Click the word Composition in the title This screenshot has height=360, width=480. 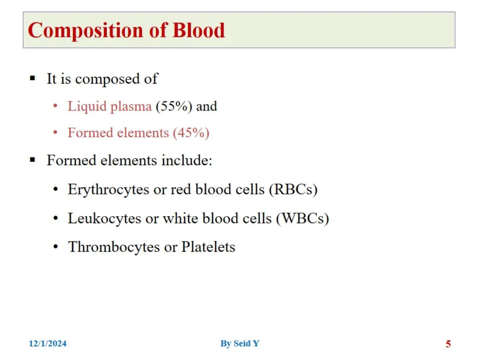(x=85, y=31)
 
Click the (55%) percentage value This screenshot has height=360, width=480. (x=174, y=106)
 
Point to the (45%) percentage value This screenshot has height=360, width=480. (x=191, y=133)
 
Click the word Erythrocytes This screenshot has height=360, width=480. (x=108, y=190)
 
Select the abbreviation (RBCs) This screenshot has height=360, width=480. (x=293, y=189)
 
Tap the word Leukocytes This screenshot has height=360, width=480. (x=105, y=219)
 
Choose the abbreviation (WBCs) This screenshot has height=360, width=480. (x=303, y=218)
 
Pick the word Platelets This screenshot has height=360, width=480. (x=208, y=247)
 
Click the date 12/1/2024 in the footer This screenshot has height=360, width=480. (x=48, y=343)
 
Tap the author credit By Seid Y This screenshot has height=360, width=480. (x=240, y=344)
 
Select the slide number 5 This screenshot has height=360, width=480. (x=448, y=344)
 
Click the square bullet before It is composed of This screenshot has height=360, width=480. (x=32, y=78)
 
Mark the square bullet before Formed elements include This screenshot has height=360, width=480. (x=32, y=160)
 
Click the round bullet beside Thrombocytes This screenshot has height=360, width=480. (x=56, y=247)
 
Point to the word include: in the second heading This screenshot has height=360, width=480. (x=187, y=160)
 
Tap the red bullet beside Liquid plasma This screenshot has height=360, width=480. (x=55, y=106)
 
